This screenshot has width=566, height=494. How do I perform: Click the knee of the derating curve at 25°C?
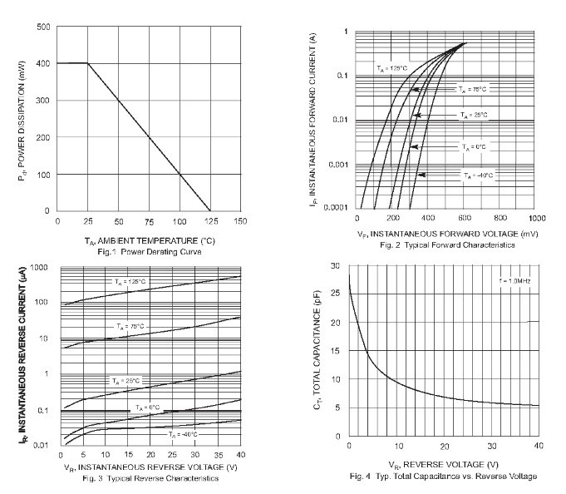click(x=87, y=63)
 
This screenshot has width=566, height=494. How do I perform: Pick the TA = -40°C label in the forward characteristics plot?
click(x=478, y=175)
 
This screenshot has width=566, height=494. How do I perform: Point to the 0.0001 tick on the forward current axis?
click(x=333, y=207)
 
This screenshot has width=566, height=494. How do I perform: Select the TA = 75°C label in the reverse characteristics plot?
click(x=130, y=326)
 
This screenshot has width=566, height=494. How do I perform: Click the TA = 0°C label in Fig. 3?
click(x=148, y=407)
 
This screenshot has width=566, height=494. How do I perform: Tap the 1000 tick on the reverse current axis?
click(x=41, y=267)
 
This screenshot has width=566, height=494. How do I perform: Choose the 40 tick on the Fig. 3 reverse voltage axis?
click(x=239, y=456)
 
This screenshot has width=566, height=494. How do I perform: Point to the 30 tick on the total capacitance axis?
click(x=335, y=266)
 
